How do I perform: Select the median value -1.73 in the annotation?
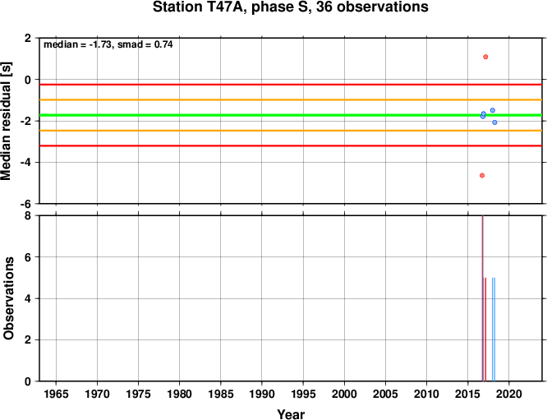pyautogui.click(x=100, y=44)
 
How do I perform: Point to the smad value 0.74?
pyautogui.click(x=163, y=44)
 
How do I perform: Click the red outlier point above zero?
pyautogui.click(x=485, y=57)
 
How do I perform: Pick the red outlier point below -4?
pyautogui.click(x=482, y=175)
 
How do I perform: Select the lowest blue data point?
pyautogui.click(x=494, y=122)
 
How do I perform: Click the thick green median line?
pyautogui.click(x=291, y=115)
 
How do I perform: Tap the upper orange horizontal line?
pyautogui.click(x=291, y=99)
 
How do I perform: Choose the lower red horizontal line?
pyautogui.click(x=291, y=145)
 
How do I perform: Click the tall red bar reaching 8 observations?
pyautogui.click(x=482, y=298)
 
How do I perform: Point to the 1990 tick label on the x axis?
pyautogui.click(x=262, y=395)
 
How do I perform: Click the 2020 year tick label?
pyautogui.click(x=509, y=395)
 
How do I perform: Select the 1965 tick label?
pyautogui.click(x=56, y=395)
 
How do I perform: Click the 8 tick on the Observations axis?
pyautogui.click(x=28, y=216)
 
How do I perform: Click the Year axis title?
pyautogui.click(x=291, y=414)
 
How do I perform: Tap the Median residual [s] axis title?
pyautogui.click(x=7, y=121)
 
